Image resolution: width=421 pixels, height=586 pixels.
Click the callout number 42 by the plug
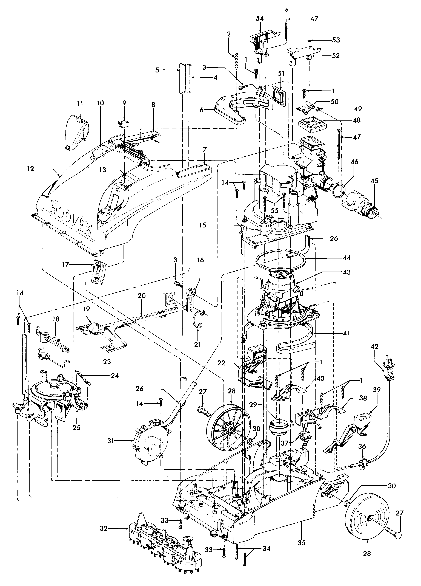(374, 346)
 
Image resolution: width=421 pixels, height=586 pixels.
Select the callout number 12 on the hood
(30, 168)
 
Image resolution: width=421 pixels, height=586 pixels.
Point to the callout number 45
(374, 181)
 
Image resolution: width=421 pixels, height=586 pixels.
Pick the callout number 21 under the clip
(197, 344)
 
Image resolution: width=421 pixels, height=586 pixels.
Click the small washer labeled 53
(309, 41)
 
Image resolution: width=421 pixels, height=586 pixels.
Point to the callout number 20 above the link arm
(142, 295)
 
